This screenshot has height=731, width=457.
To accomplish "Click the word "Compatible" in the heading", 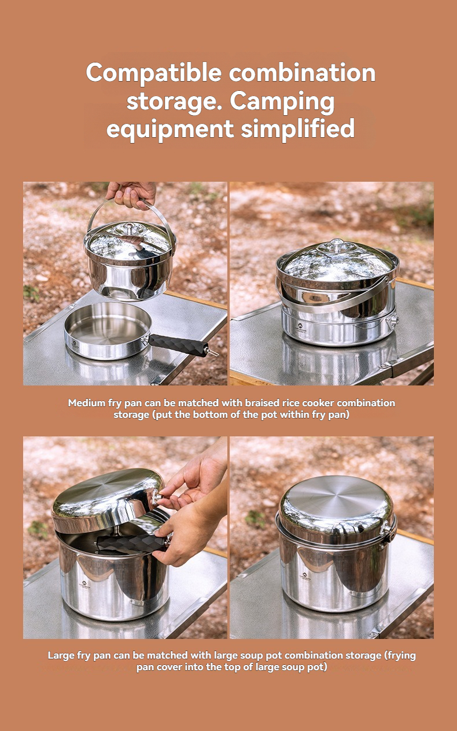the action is tap(154, 74).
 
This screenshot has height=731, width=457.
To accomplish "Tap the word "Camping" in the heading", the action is tap(282, 102).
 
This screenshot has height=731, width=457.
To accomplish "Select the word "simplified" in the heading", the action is tap(297, 130).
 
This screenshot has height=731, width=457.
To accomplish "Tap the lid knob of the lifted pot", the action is tap(130, 226).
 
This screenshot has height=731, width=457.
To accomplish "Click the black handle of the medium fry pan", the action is tap(179, 345).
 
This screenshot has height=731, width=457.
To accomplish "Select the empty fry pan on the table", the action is tap(108, 330).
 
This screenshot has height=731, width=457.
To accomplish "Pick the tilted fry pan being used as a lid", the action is tap(108, 500).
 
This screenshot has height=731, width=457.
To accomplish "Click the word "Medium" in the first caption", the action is tap(86, 403).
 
